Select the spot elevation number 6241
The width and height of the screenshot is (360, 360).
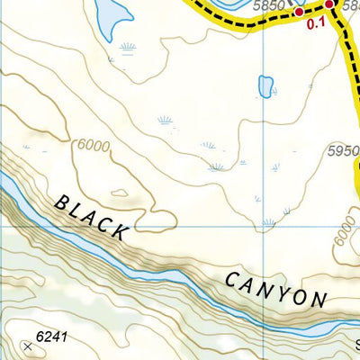51,338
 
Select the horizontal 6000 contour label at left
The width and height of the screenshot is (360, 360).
93,146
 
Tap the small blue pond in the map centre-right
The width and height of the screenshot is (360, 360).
265,85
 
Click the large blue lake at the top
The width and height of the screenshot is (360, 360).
108,15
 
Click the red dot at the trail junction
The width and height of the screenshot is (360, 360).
329,5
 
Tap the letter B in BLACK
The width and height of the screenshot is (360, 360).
61,202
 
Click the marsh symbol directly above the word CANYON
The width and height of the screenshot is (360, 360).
268,222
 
